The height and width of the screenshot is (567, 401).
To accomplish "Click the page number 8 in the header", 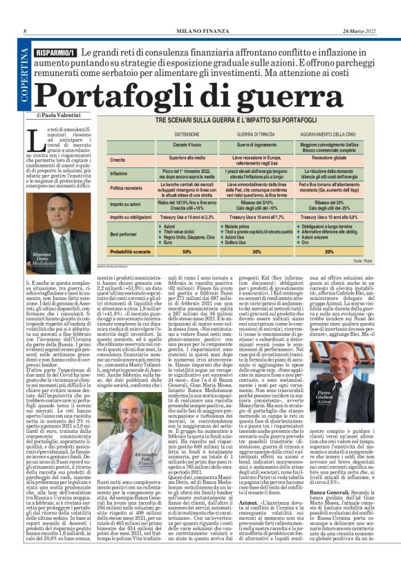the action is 25,31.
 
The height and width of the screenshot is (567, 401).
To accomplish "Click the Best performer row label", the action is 125,234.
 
